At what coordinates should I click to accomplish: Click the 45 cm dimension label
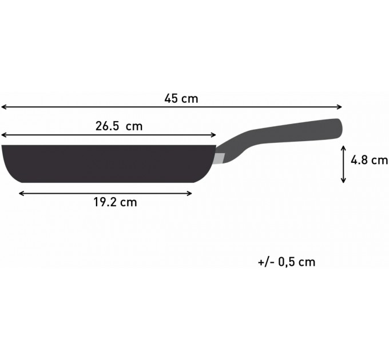click(x=181, y=98)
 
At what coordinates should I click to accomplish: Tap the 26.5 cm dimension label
click(x=118, y=126)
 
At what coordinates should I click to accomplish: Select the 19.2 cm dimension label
click(x=115, y=202)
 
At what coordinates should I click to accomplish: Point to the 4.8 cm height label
click(x=370, y=160)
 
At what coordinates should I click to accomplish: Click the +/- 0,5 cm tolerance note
click(x=287, y=262)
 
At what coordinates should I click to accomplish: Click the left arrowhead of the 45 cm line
click(x=3, y=107)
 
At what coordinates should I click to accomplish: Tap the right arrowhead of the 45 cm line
click(x=340, y=107)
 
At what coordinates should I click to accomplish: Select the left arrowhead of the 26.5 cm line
click(x=3, y=135)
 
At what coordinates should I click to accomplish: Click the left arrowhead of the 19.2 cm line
click(x=21, y=193)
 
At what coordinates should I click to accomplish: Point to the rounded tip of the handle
click(x=339, y=127)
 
